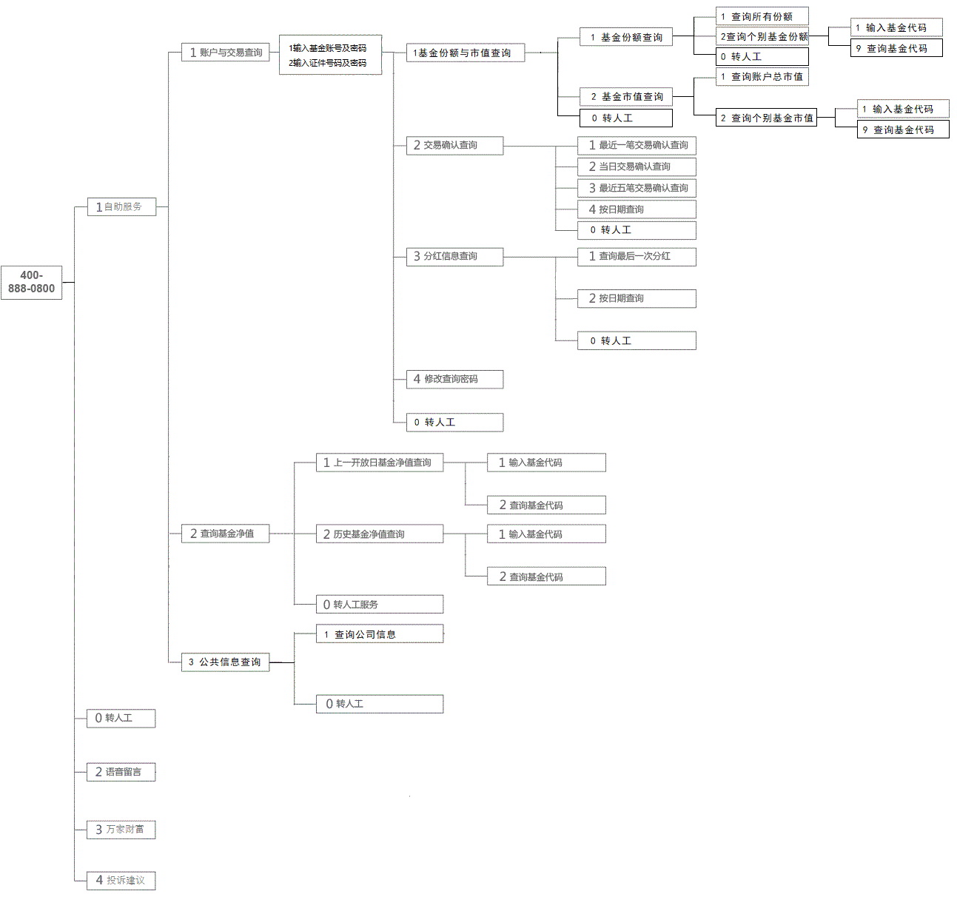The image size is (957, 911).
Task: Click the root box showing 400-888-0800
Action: (x=31, y=282)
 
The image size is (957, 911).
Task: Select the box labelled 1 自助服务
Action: (x=121, y=207)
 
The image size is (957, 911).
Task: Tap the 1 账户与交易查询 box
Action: (x=225, y=53)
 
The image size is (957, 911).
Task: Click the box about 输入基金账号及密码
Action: (x=330, y=55)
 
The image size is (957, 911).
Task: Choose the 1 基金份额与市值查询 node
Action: (x=465, y=53)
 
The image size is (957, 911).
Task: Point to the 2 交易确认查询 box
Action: (x=454, y=146)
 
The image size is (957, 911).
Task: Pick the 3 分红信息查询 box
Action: (x=454, y=257)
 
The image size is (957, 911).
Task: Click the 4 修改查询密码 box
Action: (x=454, y=380)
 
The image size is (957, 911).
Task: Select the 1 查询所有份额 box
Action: (x=762, y=16)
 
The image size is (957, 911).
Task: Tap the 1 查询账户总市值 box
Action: (x=762, y=77)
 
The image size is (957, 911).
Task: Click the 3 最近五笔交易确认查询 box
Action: (x=637, y=188)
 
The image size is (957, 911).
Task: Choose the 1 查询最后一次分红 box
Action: (x=637, y=257)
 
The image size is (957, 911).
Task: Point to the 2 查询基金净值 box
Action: (x=225, y=534)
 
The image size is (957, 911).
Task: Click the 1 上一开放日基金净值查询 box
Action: (x=379, y=463)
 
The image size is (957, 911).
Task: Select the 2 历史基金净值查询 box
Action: (x=379, y=534)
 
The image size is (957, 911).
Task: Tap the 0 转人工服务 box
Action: (x=379, y=605)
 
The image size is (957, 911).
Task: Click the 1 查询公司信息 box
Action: (x=379, y=634)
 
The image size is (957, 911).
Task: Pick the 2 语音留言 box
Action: (x=121, y=772)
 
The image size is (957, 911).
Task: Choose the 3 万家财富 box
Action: (x=121, y=830)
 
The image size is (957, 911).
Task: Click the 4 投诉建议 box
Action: (x=121, y=881)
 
